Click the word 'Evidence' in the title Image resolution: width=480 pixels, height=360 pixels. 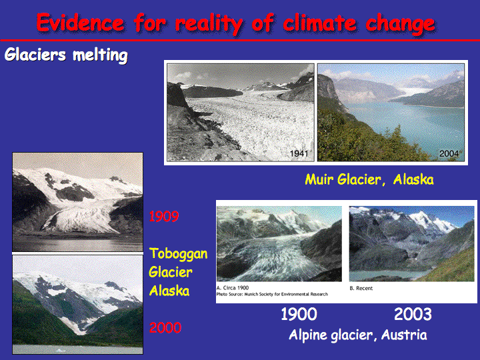coord(81,23)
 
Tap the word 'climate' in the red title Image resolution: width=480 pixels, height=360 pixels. coord(319,23)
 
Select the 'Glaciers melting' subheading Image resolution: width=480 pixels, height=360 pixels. coord(66,55)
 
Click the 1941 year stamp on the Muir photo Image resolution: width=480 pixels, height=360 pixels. coord(299,153)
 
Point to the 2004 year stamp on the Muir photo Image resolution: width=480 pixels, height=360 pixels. coord(449,153)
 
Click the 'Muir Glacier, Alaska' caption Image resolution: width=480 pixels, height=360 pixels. coord(369,179)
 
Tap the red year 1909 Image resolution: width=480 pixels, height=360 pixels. coord(164,217)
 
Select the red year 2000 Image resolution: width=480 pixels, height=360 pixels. coord(165,327)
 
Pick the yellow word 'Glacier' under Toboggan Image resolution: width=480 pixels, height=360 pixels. coord(171,272)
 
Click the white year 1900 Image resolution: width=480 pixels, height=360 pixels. coord(299,314)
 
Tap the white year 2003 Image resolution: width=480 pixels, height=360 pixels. coord(413,314)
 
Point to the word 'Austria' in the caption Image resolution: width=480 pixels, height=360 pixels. coord(404,335)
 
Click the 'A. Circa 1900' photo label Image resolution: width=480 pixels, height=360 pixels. coord(233,288)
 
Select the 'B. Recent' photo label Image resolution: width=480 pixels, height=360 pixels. coord(361,288)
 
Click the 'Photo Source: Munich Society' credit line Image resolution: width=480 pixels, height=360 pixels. coord(272,294)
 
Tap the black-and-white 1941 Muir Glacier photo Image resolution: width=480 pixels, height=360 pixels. coord(241,113)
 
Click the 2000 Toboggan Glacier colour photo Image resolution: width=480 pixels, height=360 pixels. coord(78,305)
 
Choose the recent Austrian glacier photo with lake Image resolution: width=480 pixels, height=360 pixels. coord(412,244)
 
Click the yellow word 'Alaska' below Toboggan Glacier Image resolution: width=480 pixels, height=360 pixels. coord(169,291)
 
